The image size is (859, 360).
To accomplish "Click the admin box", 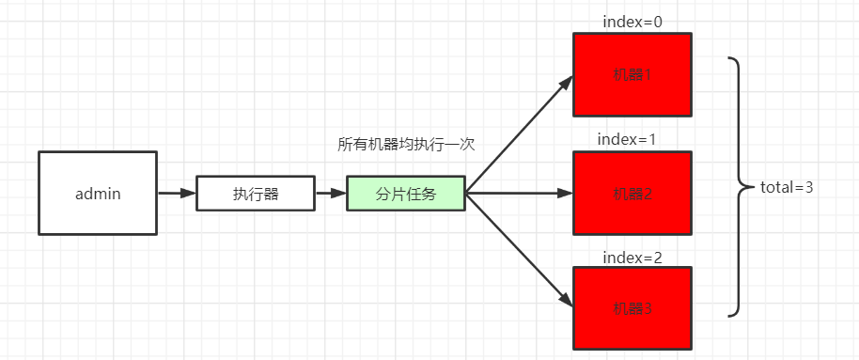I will [x=98, y=193].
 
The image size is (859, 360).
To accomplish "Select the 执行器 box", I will [x=256, y=193].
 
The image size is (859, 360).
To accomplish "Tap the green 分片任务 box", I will [x=405, y=193].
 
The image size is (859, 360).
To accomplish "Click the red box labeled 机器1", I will [x=632, y=74].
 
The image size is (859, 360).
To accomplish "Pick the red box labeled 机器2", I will [x=632, y=193].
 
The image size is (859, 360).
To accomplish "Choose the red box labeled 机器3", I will [x=632, y=307].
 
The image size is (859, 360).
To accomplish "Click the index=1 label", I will [x=627, y=139].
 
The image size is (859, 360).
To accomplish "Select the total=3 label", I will [x=786, y=187].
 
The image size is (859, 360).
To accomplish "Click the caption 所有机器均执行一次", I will [x=406, y=145].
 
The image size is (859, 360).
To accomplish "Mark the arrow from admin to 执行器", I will [x=176, y=194].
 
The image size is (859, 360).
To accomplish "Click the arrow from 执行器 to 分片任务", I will [x=331, y=194].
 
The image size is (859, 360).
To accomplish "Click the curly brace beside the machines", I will [x=739, y=186].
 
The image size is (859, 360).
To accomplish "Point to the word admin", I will [x=98, y=194].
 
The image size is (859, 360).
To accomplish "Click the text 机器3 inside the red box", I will [x=632, y=308].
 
